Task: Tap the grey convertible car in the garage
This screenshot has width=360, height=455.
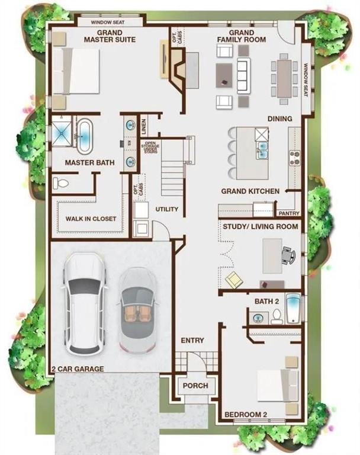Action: tap(138, 309)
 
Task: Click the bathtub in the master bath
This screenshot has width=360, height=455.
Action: tap(84, 136)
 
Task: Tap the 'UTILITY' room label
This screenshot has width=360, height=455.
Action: tap(166, 210)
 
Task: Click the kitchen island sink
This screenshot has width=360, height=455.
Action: tap(261, 150)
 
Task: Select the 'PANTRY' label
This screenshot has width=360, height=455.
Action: tap(288, 213)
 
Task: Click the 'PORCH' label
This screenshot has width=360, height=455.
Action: tap(195, 386)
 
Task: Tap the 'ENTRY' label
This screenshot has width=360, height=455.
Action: tap(192, 341)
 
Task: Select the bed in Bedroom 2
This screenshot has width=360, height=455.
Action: tap(277, 385)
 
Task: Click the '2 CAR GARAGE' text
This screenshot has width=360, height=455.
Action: tap(77, 369)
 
